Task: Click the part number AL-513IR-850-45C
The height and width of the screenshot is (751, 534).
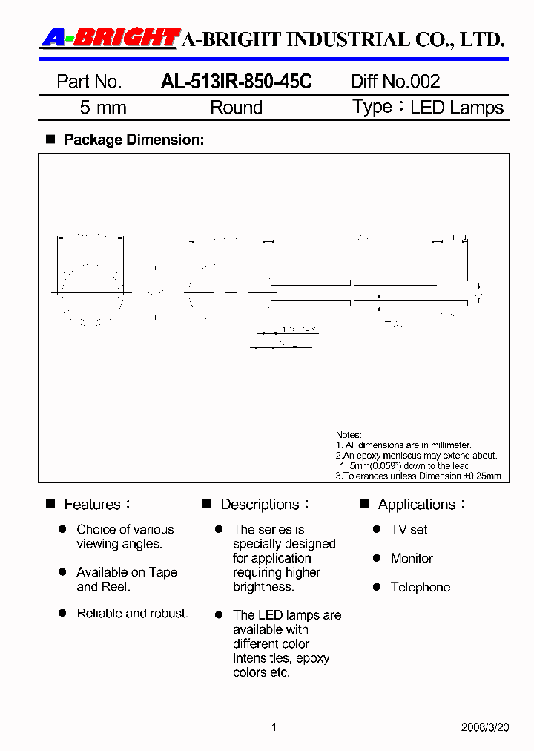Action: pyautogui.click(x=236, y=82)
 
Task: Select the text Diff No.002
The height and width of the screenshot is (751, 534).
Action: pyautogui.click(x=395, y=82)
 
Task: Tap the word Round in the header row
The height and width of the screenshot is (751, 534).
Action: pyautogui.click(x=236, y=108)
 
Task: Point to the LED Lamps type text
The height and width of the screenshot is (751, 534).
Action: pyautogui.click(x=457, y=108)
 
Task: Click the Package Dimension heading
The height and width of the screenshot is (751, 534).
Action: pyautogui.click(x=133, y=140)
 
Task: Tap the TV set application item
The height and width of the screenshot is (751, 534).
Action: pyautogui.click(x=409, y=530)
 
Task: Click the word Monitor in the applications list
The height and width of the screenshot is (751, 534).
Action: pyautogui.click(x=412, y=558)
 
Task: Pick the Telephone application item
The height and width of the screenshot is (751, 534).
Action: pyautogui.click(x=421, y=587)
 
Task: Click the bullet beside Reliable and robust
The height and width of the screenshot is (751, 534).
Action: pyautogui.click(x=63, y=614)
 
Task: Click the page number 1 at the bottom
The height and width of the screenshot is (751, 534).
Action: pyautogui.click(x=274, y=727)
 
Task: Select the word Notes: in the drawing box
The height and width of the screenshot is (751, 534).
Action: pyautogui.click(x=349, y=435)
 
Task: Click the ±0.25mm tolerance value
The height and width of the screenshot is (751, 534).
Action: pyautogui.click(x=482, y=476)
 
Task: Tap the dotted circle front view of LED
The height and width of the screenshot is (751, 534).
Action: pyautogui.click(x=92, y=294)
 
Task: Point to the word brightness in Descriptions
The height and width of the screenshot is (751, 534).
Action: pyautogui.click(x=263, y=586)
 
